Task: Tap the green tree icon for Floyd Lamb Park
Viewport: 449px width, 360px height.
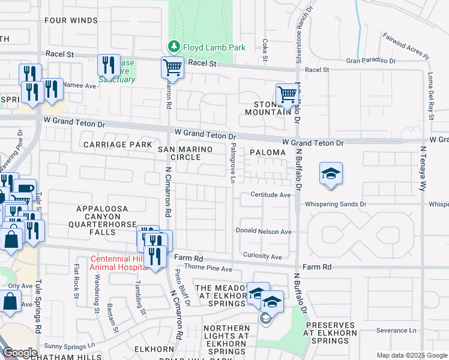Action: click(173, 46)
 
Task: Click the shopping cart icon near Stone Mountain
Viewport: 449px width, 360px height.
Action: click(287, 94)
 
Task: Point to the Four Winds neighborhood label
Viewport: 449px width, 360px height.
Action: click(70, 20)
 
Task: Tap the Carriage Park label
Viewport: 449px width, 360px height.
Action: click(117, 145)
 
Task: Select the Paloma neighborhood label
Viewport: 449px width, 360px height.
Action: click(268, 152)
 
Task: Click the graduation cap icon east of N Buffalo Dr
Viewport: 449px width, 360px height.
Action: click(331, 173)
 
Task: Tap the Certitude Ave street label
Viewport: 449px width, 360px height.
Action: click(271, 195)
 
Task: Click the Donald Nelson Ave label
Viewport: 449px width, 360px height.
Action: click(264, 232)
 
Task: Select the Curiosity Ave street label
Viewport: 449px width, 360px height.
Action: click(262, 257)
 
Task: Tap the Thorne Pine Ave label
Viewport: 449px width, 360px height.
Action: click(208, 269)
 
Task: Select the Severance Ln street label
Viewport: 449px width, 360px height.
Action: click(396, 331)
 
